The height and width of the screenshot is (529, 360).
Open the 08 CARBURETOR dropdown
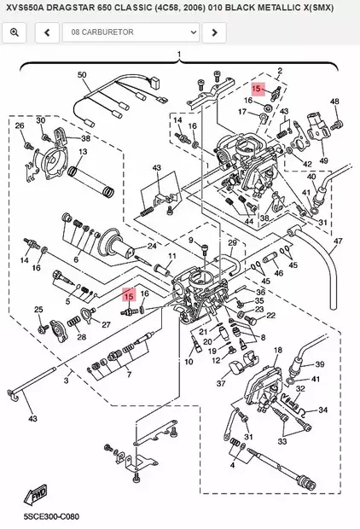(x=133, y=32)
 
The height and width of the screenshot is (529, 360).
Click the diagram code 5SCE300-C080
(x=40, y=517)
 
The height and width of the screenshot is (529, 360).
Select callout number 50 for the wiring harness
(x=83, y=75)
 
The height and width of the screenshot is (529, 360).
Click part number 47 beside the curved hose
(x=337, y=241)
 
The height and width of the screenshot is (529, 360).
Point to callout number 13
(x=82, y=151)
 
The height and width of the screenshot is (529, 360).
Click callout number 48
(x=334, y=102)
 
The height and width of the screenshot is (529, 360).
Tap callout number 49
(x=323, y=160)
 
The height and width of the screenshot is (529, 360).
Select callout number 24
(x=152, y=246)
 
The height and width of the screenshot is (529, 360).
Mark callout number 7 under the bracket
(x=129, y=375)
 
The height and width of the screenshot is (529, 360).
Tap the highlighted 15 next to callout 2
(x=256, y=88)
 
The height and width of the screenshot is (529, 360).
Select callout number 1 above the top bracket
(x=179, y=55)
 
